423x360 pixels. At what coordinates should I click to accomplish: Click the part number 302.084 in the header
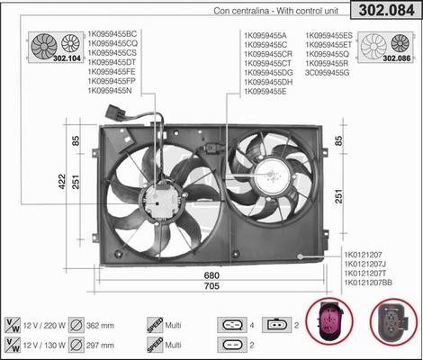tap(386, 10)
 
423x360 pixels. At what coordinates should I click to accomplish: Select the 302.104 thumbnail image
tap(57, 47)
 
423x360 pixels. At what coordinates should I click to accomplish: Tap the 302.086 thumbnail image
tap(386, 47)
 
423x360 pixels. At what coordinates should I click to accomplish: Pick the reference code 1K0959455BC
tap(112, 34)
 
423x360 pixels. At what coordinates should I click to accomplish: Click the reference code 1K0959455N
tap(110, 90)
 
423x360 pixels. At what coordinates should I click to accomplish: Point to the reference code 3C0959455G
tap(328, 73)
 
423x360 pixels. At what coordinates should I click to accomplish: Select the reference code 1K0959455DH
tap(268, 82)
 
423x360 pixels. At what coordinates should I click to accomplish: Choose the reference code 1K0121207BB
tap(368, 283)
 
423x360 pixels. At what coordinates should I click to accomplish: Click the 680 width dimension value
tap(211, 275)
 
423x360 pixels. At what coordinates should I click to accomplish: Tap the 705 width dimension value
tap(211, 286)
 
